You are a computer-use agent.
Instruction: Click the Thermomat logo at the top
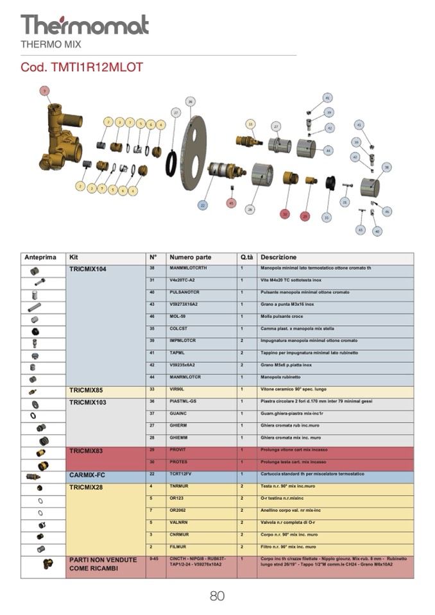point(84,25)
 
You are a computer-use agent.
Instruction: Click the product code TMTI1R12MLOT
point(81,67)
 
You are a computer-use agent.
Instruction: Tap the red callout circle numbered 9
point(44,91)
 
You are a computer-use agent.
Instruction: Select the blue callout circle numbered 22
point(203,205)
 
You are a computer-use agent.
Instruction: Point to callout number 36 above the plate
point(190,101)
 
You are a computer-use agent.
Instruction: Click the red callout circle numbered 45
point(231,203)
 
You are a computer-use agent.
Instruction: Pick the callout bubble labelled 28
point(250,209)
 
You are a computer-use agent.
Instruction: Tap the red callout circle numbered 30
point(286,214)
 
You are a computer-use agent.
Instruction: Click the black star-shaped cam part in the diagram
point(330,183)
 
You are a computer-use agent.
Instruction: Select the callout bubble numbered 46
point(386,211)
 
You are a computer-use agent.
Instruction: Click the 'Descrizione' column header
point(278,257)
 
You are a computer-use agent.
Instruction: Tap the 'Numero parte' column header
point(190,257)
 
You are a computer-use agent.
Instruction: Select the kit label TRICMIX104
point(88,269)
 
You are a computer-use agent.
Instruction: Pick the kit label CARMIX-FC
point(87,475)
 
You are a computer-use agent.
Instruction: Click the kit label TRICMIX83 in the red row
point(87,451)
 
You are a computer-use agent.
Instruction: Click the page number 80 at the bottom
point(217,596)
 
